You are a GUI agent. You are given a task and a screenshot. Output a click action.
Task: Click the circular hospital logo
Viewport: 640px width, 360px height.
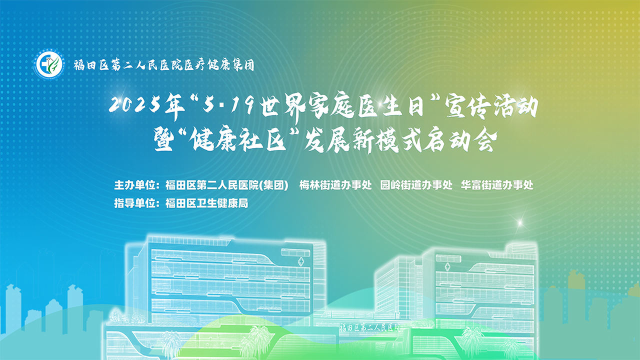tap(49, 65)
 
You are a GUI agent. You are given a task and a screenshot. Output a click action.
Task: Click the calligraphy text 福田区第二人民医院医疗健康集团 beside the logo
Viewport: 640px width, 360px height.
tap(164, 65)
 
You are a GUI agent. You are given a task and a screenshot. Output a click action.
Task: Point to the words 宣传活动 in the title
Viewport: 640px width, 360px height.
tap(491, 106)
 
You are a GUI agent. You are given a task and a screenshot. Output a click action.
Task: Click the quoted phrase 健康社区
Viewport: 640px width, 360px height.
tap(239, 139)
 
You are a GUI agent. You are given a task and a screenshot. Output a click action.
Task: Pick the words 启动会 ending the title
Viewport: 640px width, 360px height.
tap(460, 140)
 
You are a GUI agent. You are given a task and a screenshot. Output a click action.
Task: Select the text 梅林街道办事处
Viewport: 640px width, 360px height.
tap(335, 185)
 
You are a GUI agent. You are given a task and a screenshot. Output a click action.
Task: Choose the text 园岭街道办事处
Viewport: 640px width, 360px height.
tap(416, 185)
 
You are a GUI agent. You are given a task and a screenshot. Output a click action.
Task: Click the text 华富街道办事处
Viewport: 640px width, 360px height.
tap(497, 185)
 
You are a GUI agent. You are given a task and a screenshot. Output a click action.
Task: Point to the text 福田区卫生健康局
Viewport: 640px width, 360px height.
tap(206, 203)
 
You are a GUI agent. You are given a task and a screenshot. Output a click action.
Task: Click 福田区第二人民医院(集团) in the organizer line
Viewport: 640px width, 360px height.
tap(226, 185)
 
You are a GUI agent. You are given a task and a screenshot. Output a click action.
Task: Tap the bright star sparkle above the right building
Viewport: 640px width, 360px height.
tap(520, 222)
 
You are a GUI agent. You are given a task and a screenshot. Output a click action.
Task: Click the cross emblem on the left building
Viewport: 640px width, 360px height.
tap(301, 261)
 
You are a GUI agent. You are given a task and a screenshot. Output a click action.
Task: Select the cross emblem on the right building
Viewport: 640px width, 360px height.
tap(447, 267)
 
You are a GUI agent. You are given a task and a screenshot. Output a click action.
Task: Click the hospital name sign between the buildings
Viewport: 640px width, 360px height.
tap(369, 327)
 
